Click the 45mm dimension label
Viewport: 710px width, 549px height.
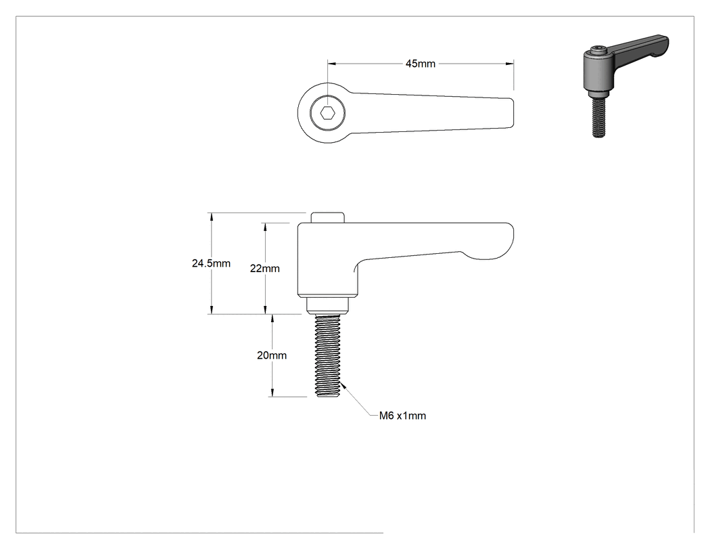click(420, 64)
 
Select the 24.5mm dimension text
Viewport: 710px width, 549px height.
click(211, 263)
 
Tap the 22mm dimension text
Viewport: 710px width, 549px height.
click(265, 268)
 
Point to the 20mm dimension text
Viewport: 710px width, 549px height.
click(272, 355)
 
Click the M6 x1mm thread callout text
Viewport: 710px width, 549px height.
click(402, 416)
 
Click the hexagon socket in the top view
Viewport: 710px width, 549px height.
click(327, 112)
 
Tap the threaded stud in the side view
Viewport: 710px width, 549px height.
click(327, 357)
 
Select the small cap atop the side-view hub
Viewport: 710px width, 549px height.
click(327, 217)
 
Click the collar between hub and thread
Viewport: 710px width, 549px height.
click(327, 306)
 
